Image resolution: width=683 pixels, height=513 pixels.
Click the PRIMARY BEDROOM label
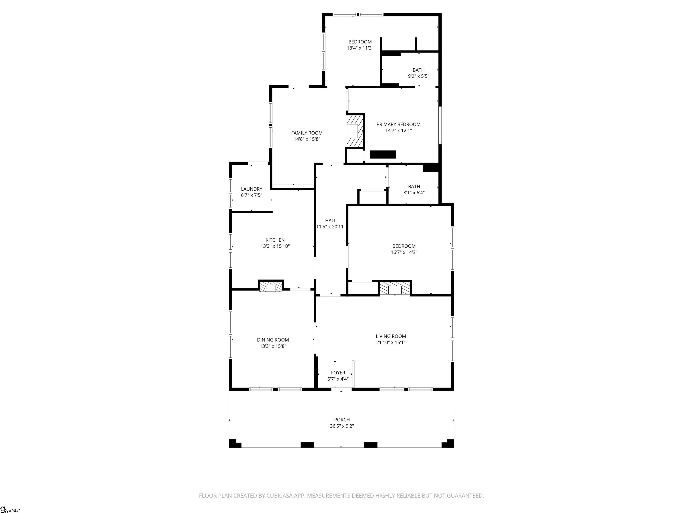tap(398, 124)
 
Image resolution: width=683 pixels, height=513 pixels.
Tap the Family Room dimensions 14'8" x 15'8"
tap(307, 139)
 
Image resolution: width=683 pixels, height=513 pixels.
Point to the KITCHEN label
tap(275, 240)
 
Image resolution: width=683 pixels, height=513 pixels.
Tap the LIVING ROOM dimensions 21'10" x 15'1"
tap(391, 342)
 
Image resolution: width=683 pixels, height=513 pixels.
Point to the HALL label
tap(330, 220)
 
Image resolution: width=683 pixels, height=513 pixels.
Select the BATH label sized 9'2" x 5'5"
tap(418, 70)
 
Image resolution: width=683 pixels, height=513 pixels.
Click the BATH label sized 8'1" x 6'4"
tap(414, 186)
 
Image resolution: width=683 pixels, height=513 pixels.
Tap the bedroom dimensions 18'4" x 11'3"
tap(360, 48)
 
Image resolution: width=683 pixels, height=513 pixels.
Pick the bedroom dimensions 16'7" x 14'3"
tap(404, 252)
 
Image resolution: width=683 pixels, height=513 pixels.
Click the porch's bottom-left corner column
tap(235, 444)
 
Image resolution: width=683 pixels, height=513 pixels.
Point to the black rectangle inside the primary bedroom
tap(383, 154)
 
